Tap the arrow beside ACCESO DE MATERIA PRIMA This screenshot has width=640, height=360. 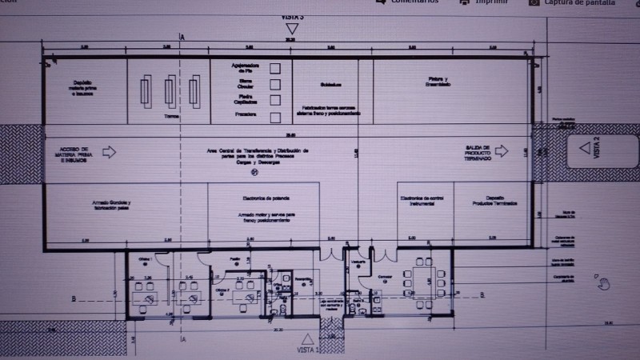[110, 151]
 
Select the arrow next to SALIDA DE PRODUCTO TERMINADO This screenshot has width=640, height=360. [502, 150]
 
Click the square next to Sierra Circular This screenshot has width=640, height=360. [274, 84]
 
